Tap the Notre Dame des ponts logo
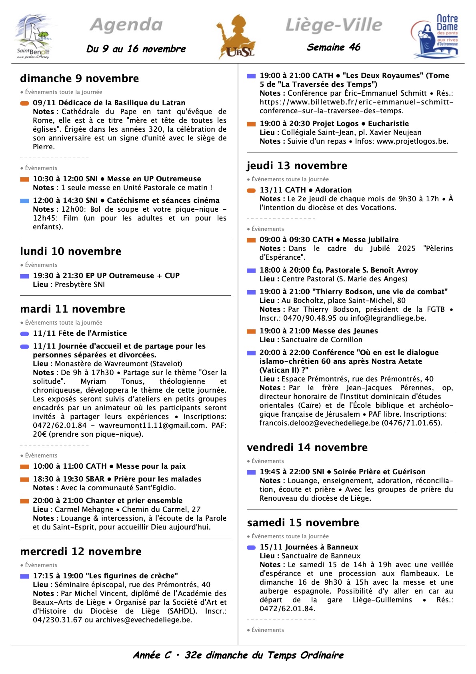click(x=435, y=37)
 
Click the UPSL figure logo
click(x=236, y=37)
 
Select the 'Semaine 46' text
click(x=334, y=47)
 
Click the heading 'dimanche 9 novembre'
click(x=80, y=78)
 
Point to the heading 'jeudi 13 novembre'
click(x=297, y=166)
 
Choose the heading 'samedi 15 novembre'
click(x=303, y=523)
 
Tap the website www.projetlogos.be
click(x=412, y=141)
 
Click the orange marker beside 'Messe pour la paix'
click(x=24, y=466)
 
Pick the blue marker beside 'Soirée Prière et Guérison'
click(x=251, y=472)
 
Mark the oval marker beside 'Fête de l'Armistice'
click(x=24, y=334)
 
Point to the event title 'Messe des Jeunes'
click(x=345, y=331)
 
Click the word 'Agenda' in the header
click(x=126, y=25)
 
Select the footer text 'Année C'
click(x=152, y=655)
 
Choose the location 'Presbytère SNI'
click(x=80, y=285)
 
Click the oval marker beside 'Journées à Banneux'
click(x=251, y=548)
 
